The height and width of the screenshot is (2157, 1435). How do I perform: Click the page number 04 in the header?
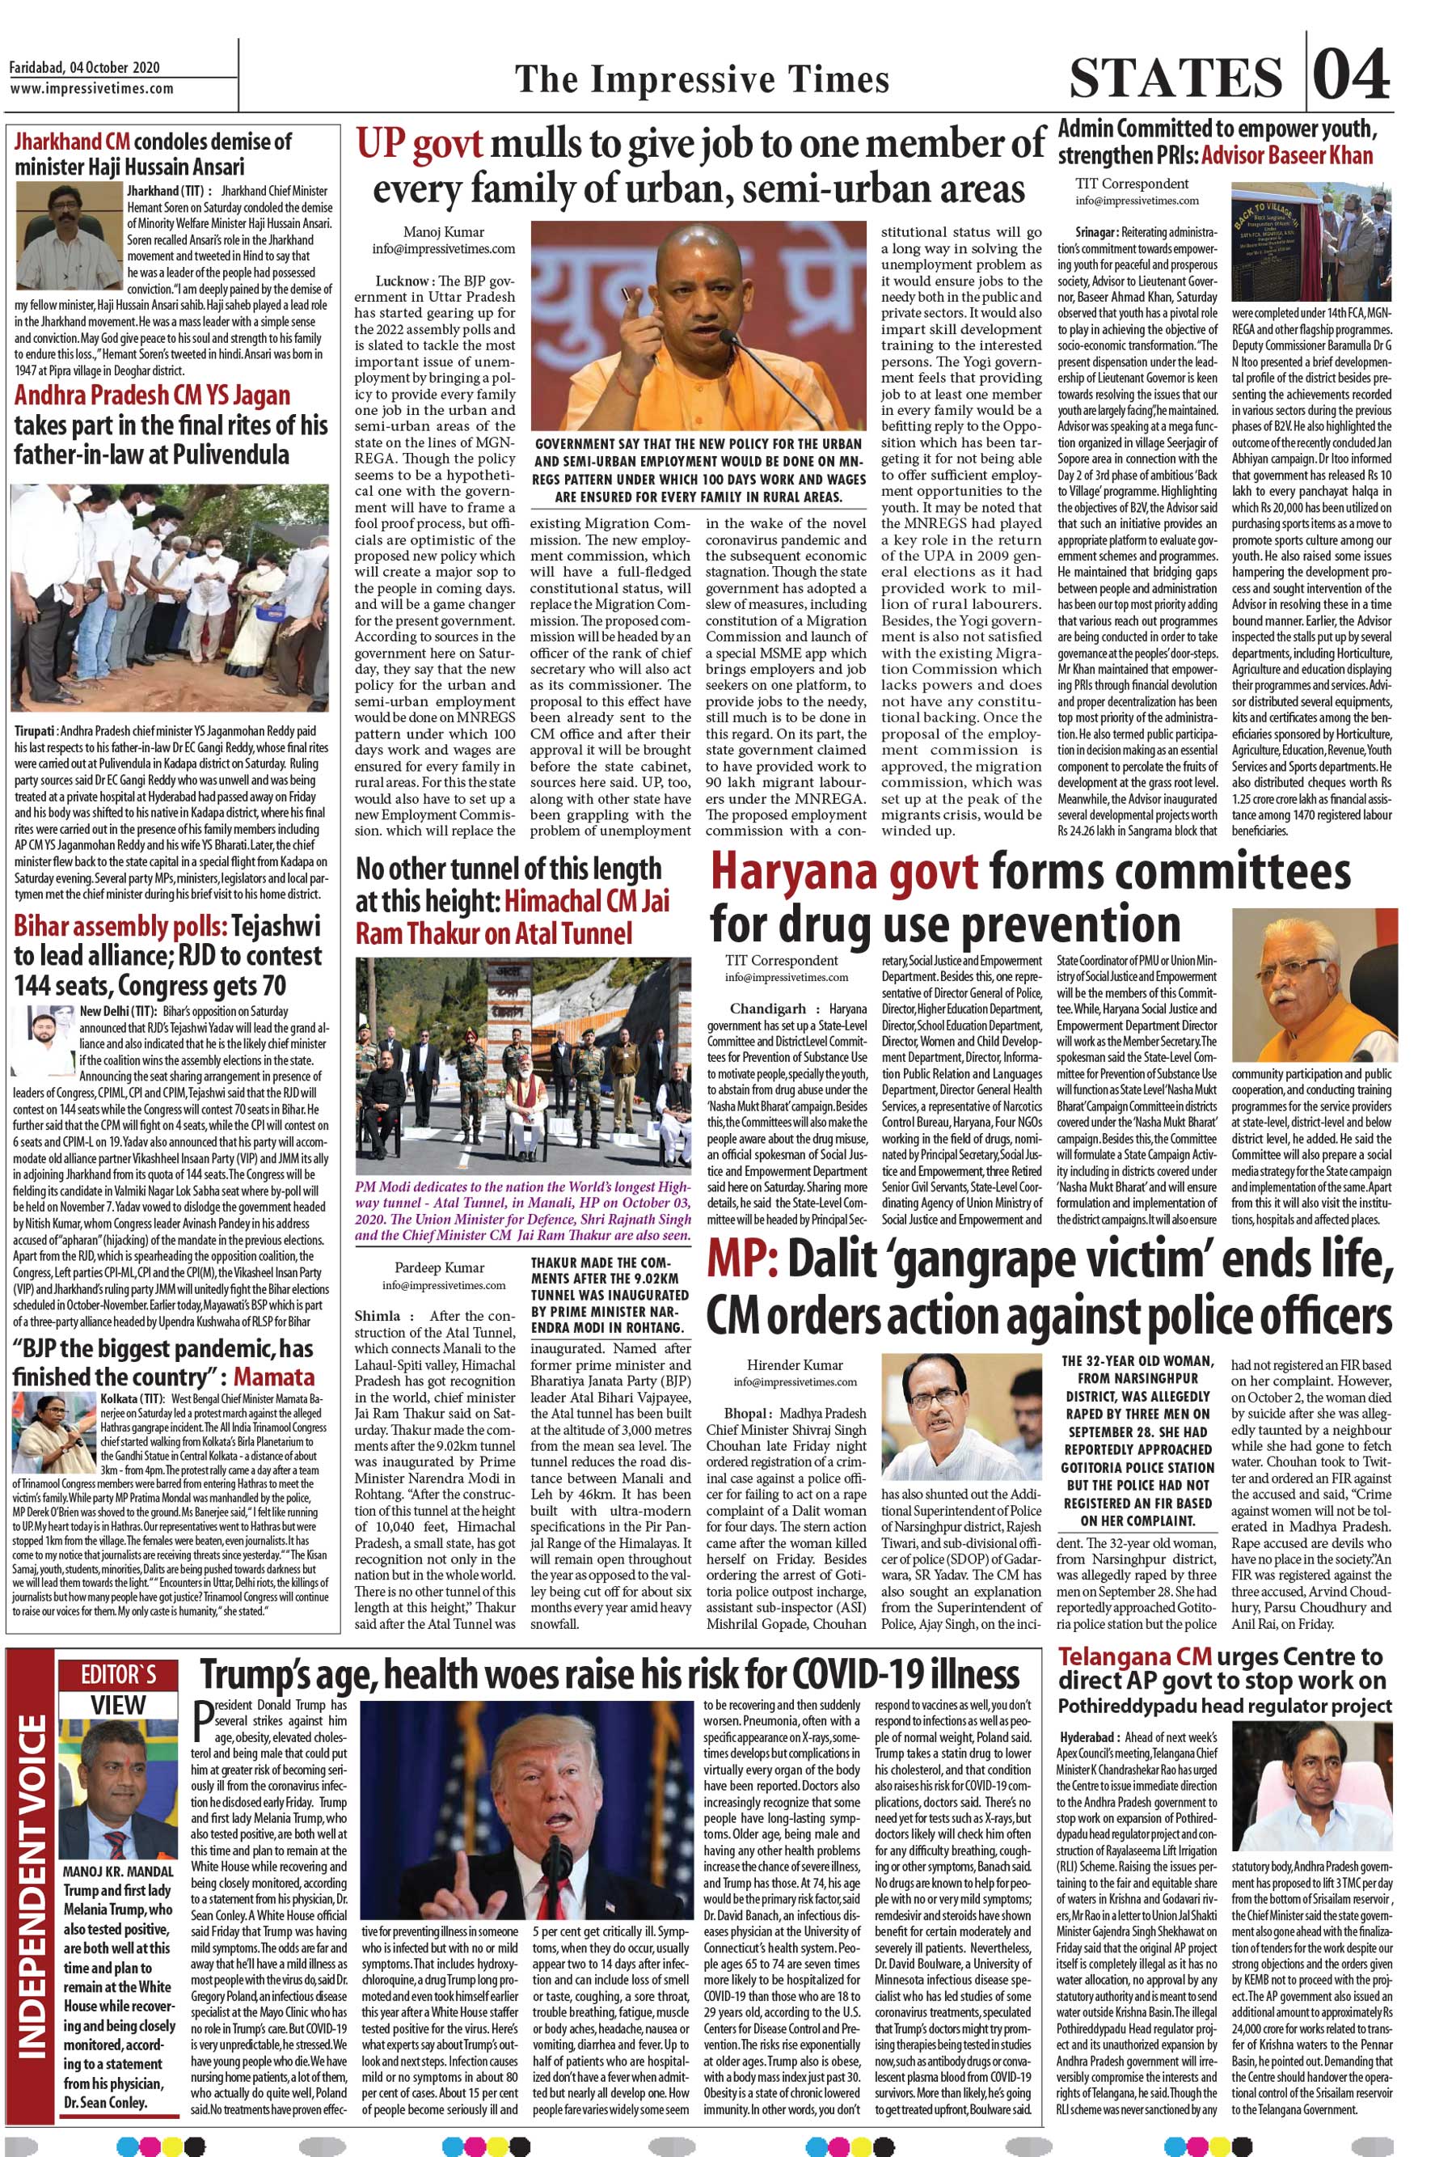(1353, 74)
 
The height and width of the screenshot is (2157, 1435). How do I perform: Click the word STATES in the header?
(1176, 77)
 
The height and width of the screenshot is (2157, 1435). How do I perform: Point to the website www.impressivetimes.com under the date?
(91, 89)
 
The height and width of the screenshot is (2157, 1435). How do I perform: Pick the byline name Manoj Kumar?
(443, 233)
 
